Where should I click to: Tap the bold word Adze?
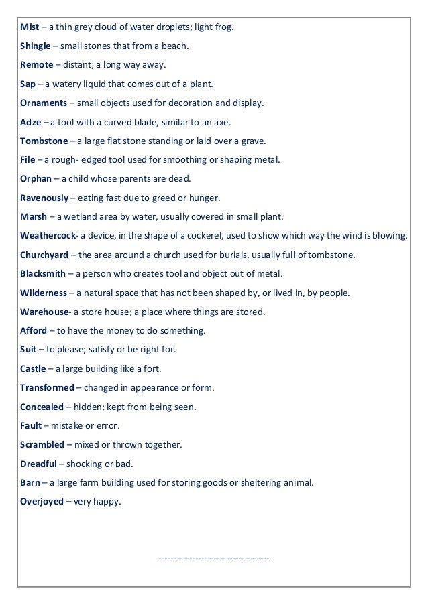click(x=31, y=123)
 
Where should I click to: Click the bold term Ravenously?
click(x=45, y=198)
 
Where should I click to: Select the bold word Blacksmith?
click(x=44, y=274)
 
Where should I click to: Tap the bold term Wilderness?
click(x=44, y=293)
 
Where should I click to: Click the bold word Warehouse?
click(x=44, y=312)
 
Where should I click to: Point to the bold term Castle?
click(x=33, y=368)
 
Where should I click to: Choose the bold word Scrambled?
click(x=42, y=444)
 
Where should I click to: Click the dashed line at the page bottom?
click(x=213, y=557)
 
